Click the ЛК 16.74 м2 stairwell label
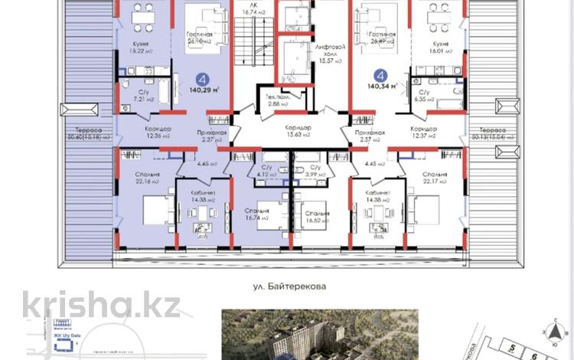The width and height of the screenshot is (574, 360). (253, 8)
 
